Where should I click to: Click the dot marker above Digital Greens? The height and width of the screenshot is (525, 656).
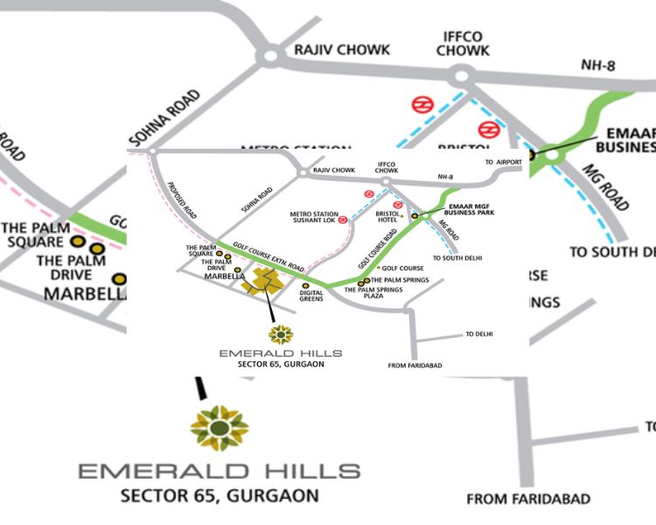tap(305, 285)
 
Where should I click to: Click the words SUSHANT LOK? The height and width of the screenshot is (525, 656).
tap(313, 221)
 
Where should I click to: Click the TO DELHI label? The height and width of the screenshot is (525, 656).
tap(480, 334)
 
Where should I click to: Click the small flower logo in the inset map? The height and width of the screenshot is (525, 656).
tap(282, 333)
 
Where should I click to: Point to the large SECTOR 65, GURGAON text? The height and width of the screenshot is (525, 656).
tap(220, 496)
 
